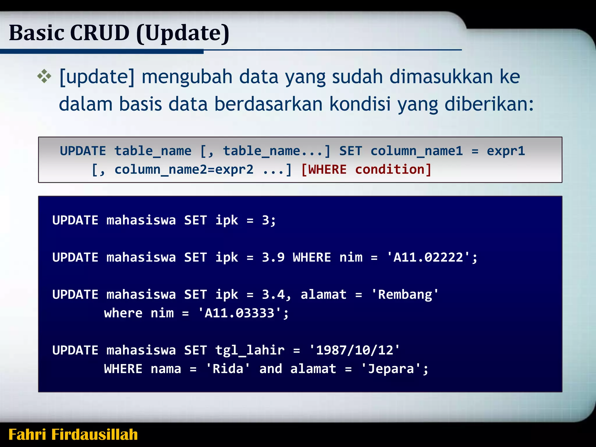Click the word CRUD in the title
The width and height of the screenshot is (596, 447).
pos(100,33)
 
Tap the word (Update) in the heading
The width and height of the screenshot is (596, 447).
pos(183,33)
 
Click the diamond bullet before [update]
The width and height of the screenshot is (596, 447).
pos(44,77)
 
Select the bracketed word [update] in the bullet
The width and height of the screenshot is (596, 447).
pos(97,77)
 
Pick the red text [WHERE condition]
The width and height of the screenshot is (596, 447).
pos(366,169)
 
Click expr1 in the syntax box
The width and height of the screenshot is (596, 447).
pos(506,151)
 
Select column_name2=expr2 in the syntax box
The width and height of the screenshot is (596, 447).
pos(184,169)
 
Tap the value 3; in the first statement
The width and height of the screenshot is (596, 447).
pos(269,220)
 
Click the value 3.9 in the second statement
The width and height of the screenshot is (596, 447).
pos(273,258)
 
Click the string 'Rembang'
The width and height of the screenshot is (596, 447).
pos(405,295)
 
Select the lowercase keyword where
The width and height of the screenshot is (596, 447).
pos(123,313)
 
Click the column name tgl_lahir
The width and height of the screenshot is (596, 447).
pos(250,350)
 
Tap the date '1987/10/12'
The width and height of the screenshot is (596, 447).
pos(354,350)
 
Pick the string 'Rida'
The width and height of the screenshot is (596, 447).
pos(228,369)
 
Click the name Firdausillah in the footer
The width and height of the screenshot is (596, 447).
pos(94,434)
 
